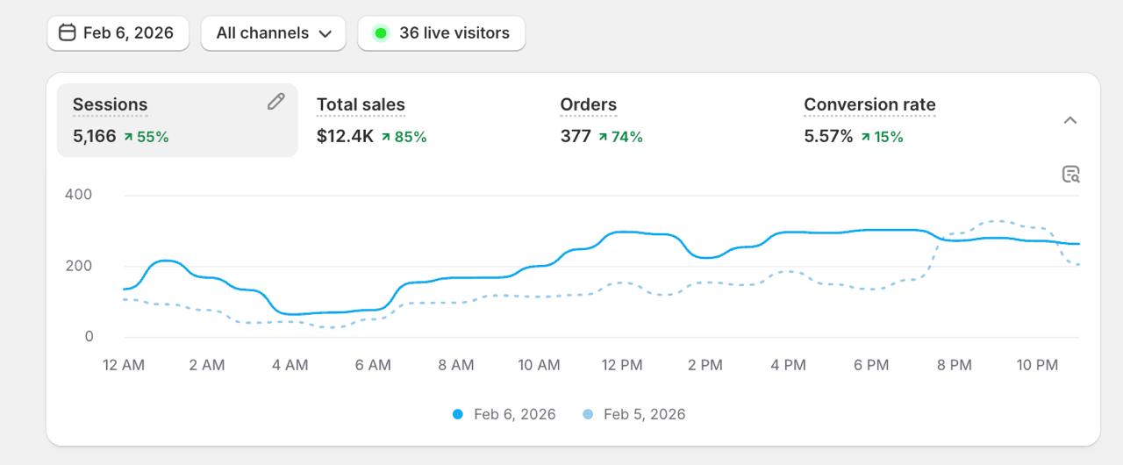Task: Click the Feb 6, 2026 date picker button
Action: [117, 33]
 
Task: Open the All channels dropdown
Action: [274, 33]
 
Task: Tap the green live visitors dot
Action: [381, 33]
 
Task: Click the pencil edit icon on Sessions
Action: [275, 102]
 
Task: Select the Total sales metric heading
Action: [361, 105]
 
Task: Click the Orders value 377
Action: [576, 136]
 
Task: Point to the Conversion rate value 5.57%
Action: [828, 136]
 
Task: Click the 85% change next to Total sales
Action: [404, 137]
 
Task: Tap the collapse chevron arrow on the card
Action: [1069, 120]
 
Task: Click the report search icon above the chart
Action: [1070, 174]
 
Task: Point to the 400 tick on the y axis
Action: [78, 194]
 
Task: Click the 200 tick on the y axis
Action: [78, 266]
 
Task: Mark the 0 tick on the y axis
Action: [89, 337]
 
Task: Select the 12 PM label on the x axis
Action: [621, 365]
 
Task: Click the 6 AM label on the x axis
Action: [373, 365]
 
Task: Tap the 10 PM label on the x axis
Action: [1037, 365]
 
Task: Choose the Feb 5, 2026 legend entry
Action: [635, 414]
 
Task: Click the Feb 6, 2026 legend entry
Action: [505, 414]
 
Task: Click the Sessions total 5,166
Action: [94, 136]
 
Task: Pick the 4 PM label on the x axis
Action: [788, 365]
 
